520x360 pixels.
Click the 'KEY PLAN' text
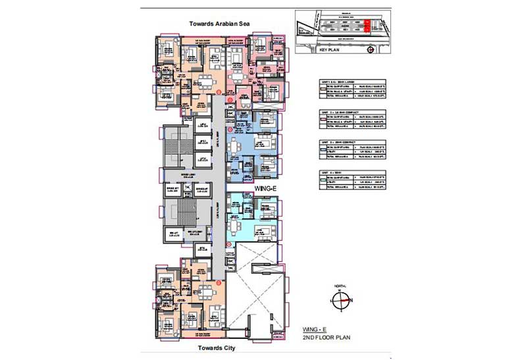coord(326,49)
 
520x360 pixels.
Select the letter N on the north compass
coord(350,301)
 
